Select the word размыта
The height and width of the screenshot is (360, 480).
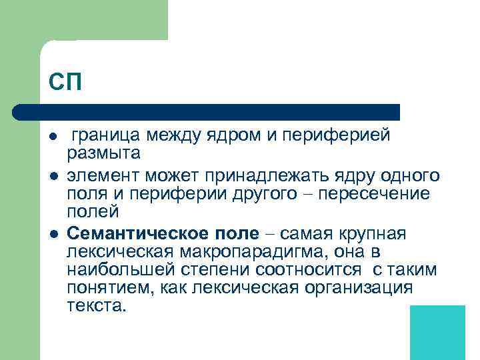104,154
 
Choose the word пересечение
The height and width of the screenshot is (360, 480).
381,193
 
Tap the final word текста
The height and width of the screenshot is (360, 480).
96,307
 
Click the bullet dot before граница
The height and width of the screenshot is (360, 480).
53,137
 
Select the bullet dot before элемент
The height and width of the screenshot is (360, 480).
53,175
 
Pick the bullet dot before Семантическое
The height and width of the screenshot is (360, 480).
53,233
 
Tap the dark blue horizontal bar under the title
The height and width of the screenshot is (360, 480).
207,112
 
